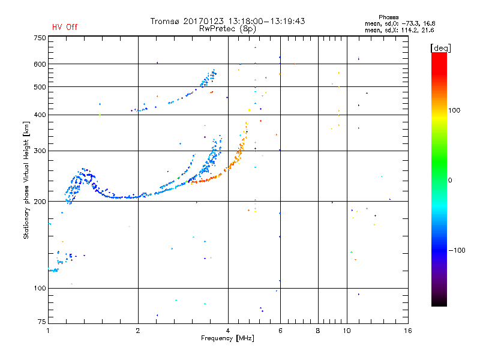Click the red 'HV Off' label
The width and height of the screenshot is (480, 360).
[65, 27]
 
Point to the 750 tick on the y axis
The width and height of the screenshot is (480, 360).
[39, 38]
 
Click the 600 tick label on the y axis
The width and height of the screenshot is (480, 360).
[39, 64]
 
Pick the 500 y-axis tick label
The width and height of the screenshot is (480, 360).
[39, 87]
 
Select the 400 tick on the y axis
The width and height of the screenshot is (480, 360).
[39, 115]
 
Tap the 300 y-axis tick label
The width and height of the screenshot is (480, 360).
[39, 151]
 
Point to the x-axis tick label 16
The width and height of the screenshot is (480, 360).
[408, 331]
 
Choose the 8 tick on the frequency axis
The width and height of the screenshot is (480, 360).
[318, 331]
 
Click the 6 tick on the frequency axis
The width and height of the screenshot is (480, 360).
[280, 331]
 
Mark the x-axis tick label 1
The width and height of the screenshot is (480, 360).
[49, 331]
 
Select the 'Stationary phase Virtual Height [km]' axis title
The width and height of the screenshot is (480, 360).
[26, 180]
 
